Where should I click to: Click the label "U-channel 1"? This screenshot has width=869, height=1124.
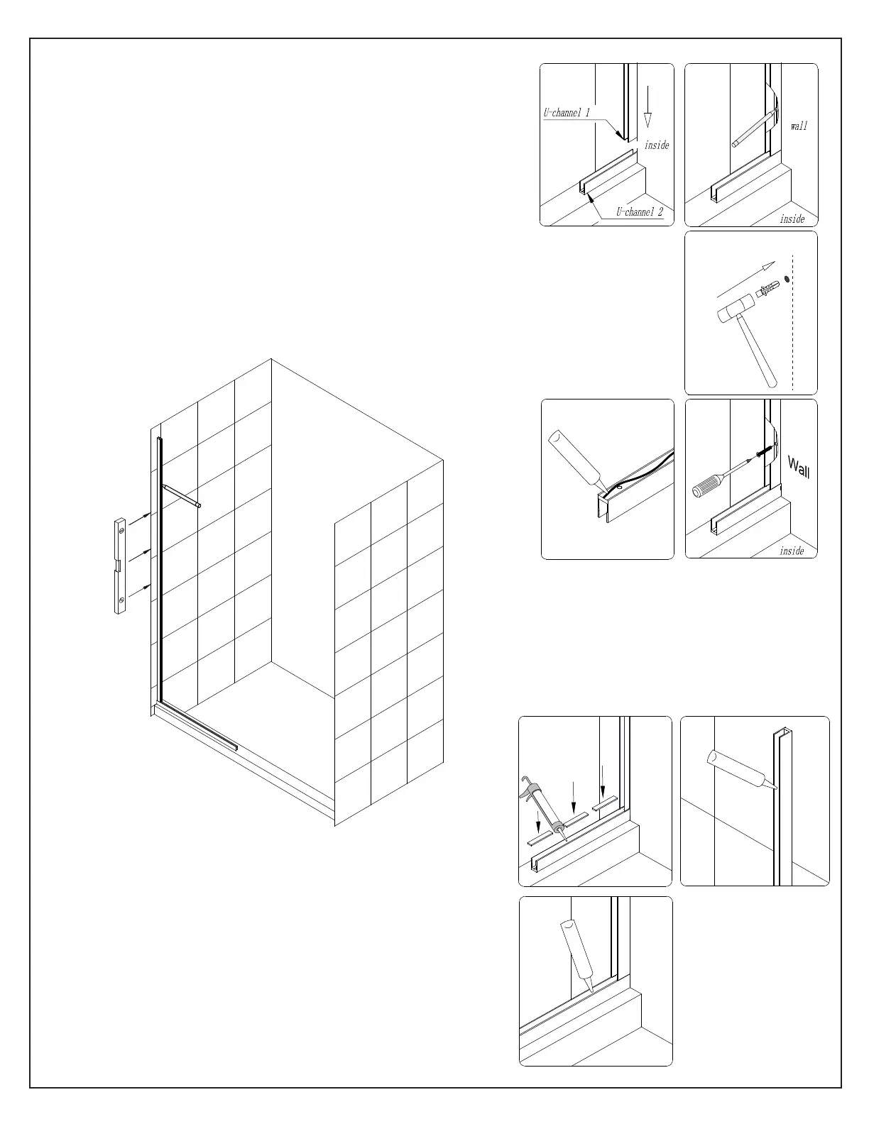coord(567,112)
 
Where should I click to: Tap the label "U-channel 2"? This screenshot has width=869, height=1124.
coord(639,211)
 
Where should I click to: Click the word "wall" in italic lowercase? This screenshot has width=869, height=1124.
coord(799,126)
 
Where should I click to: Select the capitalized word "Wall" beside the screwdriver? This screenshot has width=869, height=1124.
coord(799,467)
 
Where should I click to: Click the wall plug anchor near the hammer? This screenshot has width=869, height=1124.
coord(767,289)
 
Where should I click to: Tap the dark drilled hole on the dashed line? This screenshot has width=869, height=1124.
coord(787,280)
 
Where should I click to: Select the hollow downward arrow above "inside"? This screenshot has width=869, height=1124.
coord(647,106)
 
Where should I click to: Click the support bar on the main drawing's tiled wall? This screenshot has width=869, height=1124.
coord(182,496)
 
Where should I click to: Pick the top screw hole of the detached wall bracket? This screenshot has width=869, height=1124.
coord(121,530)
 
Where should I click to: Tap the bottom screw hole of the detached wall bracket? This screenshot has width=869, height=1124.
coord(121,600)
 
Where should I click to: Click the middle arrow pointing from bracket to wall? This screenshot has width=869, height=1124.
coord(140,556)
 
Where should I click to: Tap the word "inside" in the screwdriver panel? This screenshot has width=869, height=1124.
coord(792,551)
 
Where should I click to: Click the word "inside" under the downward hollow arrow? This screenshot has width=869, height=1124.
coord(657,145)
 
